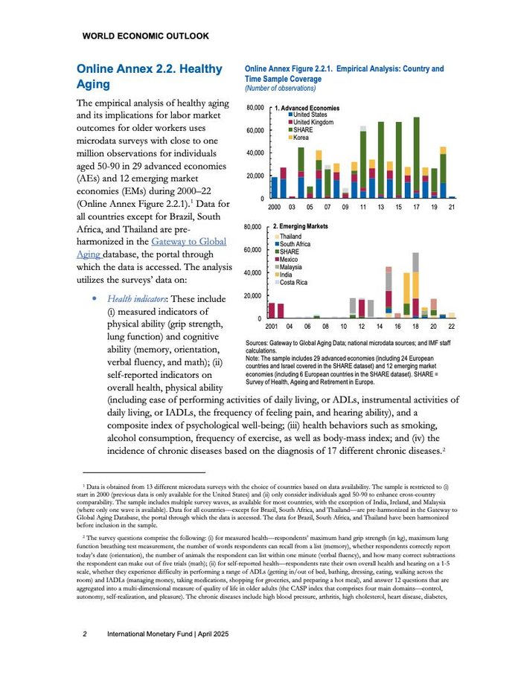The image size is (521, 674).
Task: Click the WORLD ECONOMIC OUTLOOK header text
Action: tap(145, 36)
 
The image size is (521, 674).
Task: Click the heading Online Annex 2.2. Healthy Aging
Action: tap(149, 77)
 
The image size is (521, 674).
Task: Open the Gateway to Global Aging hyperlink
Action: tap(188, 242)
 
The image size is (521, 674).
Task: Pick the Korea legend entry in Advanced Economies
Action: tap(301, 138)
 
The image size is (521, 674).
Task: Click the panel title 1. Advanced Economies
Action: tap(307, 108)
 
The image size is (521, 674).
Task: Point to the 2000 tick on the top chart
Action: tap(274, 208)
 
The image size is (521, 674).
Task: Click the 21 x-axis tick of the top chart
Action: tap(453, 208)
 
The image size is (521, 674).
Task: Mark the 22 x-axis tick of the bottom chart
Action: tap(452, 327)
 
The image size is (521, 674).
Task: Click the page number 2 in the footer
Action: tap(85, 634)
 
